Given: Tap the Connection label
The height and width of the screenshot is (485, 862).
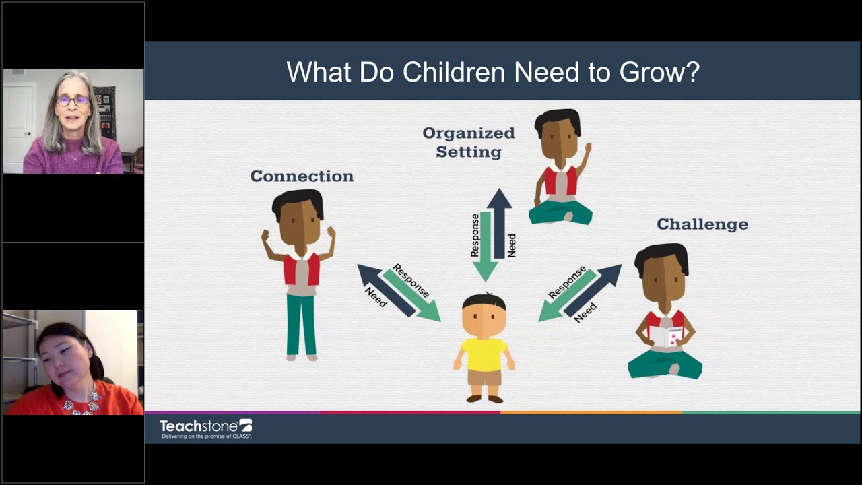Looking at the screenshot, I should [302, 176].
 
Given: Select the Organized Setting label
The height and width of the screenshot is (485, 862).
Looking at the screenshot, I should [469, 142].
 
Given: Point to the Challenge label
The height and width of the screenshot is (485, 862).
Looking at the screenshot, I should [702, 224].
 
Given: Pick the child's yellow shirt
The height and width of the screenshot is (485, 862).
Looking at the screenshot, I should [484, 354].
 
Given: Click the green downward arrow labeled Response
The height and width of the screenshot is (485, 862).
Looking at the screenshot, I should [485, 246].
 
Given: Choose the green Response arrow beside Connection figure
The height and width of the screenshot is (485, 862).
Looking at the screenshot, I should [412, 294].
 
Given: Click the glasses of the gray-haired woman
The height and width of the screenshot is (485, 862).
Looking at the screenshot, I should [72, 101].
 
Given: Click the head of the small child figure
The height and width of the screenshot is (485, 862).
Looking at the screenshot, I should [484, 315].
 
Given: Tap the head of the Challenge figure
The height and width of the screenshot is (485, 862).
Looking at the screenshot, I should [663, 273].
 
